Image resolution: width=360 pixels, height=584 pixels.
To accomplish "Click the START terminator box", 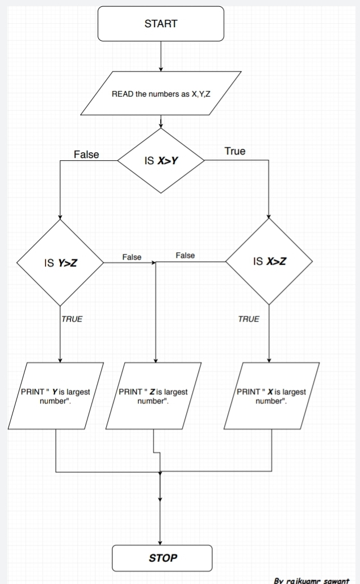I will click(161, 24).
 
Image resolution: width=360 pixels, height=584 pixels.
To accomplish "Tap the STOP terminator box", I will click(162, 558).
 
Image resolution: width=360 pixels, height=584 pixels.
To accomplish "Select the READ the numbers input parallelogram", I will click(161, 94).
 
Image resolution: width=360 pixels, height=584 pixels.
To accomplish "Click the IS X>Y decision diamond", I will click(161, 160).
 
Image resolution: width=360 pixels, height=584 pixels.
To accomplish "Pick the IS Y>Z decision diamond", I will click(60, 263).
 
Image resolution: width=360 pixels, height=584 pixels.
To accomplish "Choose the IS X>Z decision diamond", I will click(269, 262).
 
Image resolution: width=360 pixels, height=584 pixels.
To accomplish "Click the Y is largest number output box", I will click(56, 396).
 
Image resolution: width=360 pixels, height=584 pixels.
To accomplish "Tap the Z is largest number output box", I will click(153, 396).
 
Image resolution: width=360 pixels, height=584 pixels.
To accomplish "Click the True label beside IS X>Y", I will click(235, 151).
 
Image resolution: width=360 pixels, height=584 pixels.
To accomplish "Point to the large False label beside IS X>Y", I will click(86, 155).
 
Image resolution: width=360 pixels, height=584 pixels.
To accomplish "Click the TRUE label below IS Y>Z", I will click(72, 319).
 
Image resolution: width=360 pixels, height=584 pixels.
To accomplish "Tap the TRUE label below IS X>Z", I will click(248, 319).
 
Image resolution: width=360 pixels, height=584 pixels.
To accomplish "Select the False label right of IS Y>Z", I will click(132, 257).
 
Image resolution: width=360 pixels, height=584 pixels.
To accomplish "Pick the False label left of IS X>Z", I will click(185, 256).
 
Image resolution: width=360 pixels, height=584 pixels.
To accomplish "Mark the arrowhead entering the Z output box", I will click(155, 360).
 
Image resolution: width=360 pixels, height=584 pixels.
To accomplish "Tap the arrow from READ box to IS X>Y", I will click(161, 120).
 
